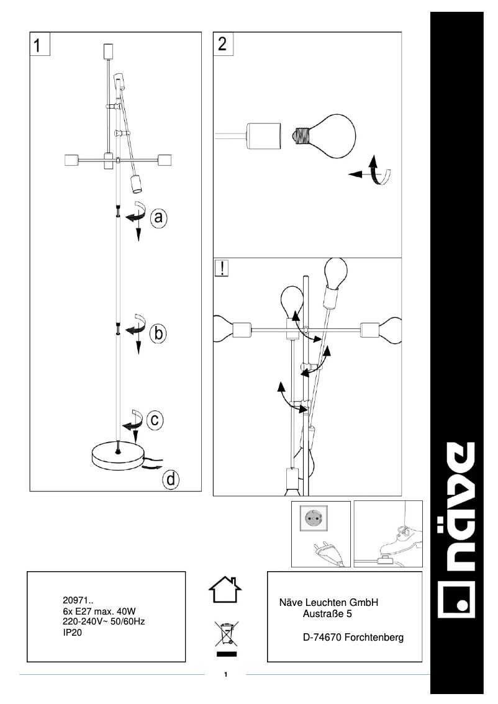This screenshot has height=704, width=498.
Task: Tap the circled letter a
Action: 159,217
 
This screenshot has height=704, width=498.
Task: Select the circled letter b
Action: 158,333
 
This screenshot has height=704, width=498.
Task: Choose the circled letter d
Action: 171,479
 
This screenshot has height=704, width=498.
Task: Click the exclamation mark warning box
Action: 222,268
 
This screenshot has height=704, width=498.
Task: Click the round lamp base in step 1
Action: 116,456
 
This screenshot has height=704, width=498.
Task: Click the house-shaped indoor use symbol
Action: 226,590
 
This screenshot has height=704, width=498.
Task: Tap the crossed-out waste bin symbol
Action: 226,634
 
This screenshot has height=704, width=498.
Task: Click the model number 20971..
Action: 78,600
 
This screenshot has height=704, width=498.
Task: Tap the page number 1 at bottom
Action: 226,674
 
